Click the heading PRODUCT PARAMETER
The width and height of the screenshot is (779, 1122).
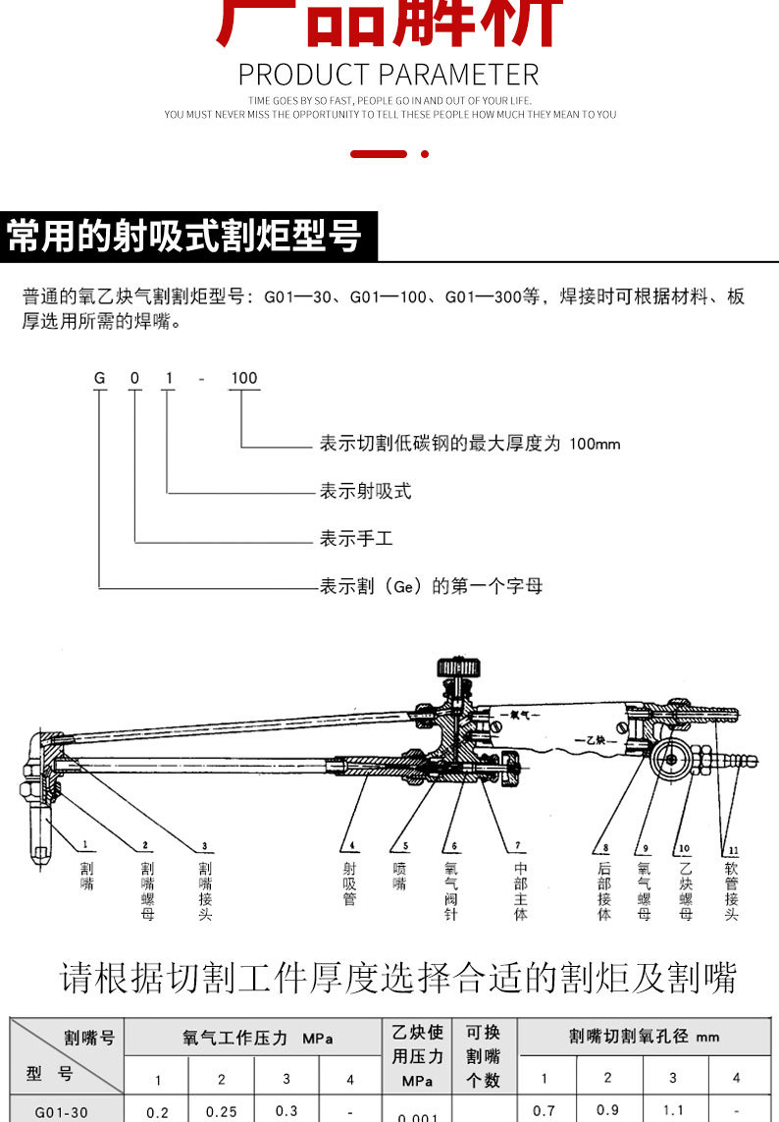click(x=389, y=75)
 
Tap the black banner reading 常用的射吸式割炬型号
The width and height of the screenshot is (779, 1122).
click(x=185, y=236)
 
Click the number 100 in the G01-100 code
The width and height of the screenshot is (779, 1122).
click(x=243, y=378)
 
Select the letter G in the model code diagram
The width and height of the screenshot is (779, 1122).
click(x=99, y=378)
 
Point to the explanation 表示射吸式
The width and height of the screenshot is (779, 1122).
click(x=365, y=491)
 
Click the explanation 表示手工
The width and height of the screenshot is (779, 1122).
click(x=355, y=539)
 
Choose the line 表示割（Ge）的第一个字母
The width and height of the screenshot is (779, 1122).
click(x=431, y=586)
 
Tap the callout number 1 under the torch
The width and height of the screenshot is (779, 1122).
click(x=85, y=843)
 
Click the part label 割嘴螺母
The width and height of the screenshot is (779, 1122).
click(x=147, y=890)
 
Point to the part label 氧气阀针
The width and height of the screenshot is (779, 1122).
click(x=451, y=890)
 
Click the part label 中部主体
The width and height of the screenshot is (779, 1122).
click(x=521, y=890)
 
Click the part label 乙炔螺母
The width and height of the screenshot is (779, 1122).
click(x=685, y=890)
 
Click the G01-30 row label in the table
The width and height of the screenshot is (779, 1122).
click(x=61, y=1111)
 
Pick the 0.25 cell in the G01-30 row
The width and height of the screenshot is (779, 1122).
click(x=222, y=1111)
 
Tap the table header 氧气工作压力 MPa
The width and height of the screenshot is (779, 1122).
click(x=257, y=1037)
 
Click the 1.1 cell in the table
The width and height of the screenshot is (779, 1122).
click(x=672, y=1110)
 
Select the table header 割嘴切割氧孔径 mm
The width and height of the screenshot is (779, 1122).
click(x=644, y=1036)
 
